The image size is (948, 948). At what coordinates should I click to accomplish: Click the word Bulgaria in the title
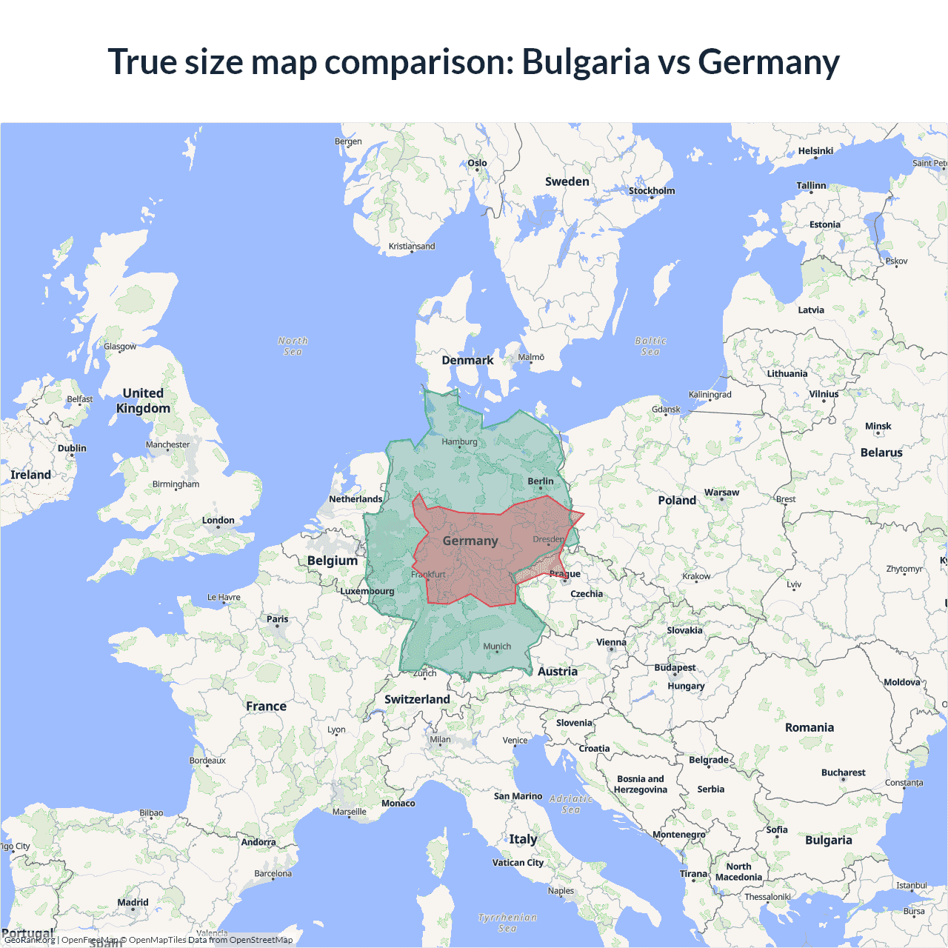click(x=586, y=61)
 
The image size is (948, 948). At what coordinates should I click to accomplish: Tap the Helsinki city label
click(x=815, y=151)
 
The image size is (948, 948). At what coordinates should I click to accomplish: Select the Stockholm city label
click(x=652, y=190)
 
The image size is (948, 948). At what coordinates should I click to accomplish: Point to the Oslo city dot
click(x=477, y=170)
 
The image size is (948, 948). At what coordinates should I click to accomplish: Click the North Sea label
click(x=293, y=346)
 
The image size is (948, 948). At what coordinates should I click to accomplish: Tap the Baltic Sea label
click(x=650, y=346)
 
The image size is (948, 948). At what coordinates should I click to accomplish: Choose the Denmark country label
click(x=467, y=361)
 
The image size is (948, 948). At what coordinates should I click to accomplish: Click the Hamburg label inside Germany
click(x=459, y=442)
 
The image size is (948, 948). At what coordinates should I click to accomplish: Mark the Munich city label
click(x=497, y=646)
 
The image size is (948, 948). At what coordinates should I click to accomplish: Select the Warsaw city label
click(x=721, y=493)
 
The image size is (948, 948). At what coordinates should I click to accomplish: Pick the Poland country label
click(x=677, y=501)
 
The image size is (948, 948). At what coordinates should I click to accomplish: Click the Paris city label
click(x=278, y=619)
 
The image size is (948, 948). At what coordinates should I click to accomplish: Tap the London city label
click(x=218, y=521)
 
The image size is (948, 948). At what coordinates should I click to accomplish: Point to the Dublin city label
click(x=72, y=448)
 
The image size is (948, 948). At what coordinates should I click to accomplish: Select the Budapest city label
click(x=675, y=667)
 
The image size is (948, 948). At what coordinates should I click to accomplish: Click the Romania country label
click(x=810, y=728)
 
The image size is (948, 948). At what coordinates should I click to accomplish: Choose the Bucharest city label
click(x=843, y=772)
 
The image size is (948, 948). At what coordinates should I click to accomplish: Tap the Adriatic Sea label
click(x=571, y=804)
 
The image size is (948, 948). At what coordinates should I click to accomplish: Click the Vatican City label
click(x=518, y=863)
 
